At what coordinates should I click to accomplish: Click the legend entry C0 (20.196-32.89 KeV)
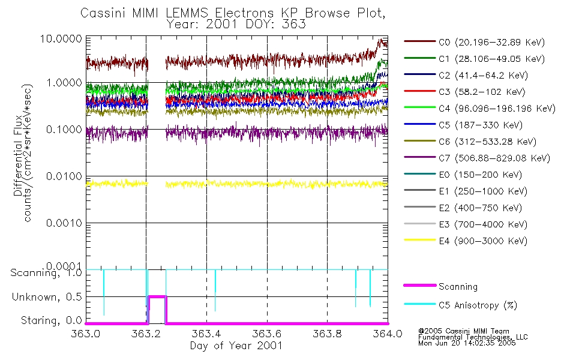474,42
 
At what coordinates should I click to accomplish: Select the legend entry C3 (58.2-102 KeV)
474,92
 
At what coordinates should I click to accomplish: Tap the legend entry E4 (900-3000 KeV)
474,241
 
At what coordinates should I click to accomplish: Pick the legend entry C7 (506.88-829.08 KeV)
474,158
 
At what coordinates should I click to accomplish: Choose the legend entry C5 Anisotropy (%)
474,305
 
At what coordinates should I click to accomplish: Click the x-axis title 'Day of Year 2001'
236,346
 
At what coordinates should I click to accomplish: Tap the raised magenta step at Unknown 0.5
157,296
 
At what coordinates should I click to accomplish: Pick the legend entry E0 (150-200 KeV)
474,175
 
